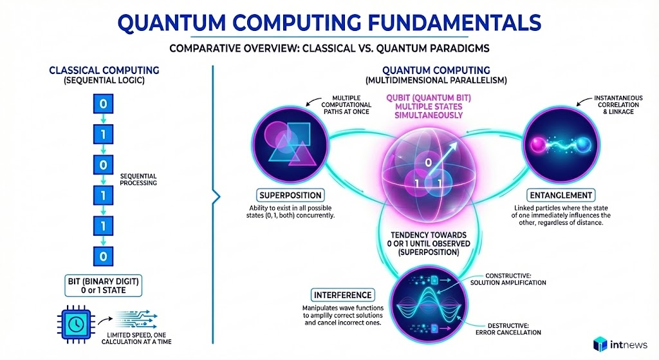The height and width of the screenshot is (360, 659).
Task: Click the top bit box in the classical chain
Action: pos(103,104)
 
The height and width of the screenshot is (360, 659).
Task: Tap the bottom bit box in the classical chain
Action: pos(103,256)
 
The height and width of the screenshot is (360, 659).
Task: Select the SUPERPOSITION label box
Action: pos(290,195)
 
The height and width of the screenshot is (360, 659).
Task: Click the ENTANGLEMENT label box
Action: pos(561,195)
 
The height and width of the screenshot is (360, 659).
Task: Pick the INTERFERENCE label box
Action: pos(342,295)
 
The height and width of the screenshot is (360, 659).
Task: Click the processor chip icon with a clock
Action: pos(76,324)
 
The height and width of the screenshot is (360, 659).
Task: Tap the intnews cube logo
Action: pos(600,345)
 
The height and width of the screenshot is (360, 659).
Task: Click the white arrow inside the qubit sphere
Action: pos(444,155)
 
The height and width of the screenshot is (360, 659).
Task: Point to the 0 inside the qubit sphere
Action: pos(428,162)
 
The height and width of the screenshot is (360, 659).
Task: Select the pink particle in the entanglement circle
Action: pos(538,145)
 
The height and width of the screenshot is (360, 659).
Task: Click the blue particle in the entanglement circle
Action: pos(583,146)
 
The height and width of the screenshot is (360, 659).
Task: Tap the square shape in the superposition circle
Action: pos(298,134)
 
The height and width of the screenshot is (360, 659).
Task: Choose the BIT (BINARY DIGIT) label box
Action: pos(104,285)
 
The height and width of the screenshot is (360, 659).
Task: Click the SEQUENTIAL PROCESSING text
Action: pos(138,180)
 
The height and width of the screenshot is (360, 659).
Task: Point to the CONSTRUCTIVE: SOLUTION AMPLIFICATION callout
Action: pos(508,279)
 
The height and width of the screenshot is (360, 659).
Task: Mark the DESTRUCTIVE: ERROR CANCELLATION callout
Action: pos(508,329)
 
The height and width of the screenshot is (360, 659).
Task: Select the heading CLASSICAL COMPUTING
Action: pos(104,70)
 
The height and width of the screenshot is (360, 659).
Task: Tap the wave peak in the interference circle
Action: pos(429,290)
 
